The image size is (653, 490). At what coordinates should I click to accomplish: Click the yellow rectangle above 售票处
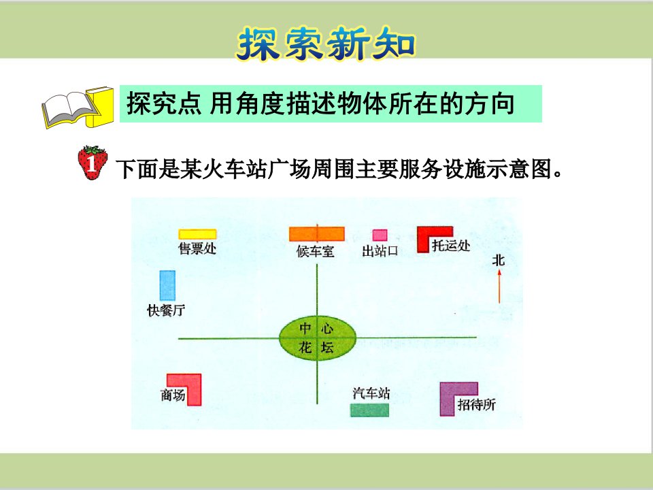197,234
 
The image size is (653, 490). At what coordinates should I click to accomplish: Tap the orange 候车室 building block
317,233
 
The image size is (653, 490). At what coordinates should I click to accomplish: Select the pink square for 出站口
380,235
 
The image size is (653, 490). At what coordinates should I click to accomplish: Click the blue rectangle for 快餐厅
167,285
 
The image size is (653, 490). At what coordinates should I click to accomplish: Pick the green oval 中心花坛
318,338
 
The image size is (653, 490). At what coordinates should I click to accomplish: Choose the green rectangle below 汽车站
369,410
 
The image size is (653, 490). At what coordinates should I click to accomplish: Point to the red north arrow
499,287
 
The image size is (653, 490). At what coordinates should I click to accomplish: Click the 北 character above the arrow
499,261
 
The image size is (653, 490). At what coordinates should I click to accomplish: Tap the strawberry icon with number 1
93,163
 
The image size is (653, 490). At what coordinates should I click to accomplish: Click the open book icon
78,107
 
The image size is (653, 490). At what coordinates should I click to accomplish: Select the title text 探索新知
326,44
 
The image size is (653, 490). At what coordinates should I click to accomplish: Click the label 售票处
197,248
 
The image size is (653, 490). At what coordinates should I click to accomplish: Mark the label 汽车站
371,393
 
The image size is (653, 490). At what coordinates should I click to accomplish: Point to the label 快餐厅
166,310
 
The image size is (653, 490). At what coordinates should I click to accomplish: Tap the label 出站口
380,251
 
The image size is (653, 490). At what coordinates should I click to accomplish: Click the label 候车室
315,251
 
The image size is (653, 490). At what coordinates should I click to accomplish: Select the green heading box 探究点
331,103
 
